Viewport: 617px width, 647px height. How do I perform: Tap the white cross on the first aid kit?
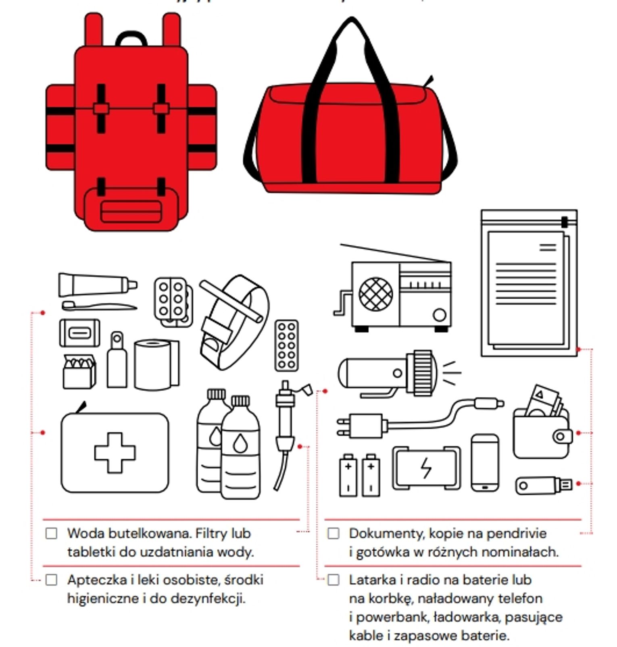tap(115, 452)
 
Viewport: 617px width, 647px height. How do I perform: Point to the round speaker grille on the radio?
tap(375, 293)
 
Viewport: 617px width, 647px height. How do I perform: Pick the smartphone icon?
tap(485, 462)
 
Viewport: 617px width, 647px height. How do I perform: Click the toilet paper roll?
tap(155, 365)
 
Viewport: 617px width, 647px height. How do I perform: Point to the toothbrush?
tap(99, 307)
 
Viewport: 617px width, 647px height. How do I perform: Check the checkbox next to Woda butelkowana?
tap(52, 533)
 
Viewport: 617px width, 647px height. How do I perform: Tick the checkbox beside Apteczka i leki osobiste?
tap(52, 580)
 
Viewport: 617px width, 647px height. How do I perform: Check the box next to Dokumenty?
tap(334, 533)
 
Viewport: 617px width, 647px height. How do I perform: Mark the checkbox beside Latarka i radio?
tap(334, 580)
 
